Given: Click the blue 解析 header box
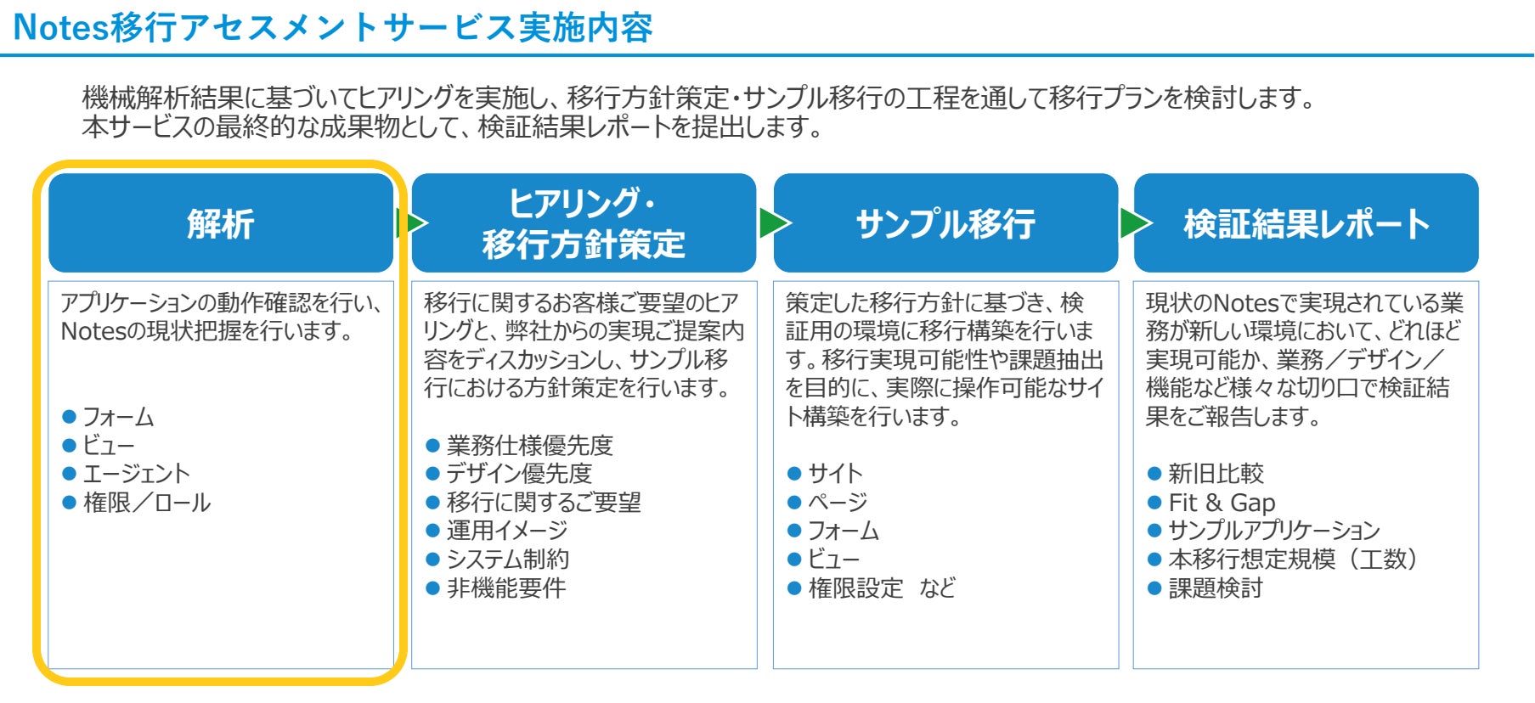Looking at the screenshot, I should click(221, 223).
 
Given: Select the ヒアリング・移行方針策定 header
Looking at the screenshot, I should click(584, 223).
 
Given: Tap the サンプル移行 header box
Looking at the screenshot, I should click(945, 223).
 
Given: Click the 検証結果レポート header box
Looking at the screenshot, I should click(1306, 223).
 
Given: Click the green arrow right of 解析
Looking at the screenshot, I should click(411, 223).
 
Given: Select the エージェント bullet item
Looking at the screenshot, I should click(136, 474).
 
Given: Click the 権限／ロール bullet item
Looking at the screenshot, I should click(146, 503).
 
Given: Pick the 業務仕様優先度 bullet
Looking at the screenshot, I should click(529, 445).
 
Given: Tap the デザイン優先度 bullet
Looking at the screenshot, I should click(519, 474).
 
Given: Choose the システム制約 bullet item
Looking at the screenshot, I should click(508, 559).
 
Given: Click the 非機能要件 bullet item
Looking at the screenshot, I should click(506, 588).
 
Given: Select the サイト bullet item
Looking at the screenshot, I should click(835, 474).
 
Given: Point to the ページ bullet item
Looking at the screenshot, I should click(838, 503).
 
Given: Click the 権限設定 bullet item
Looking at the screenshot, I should click(855, 588).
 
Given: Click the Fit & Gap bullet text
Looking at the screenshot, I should click(1222, 503).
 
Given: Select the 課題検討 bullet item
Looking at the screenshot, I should click(1216, 588).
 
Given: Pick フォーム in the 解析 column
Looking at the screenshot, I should click(118, 417).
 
